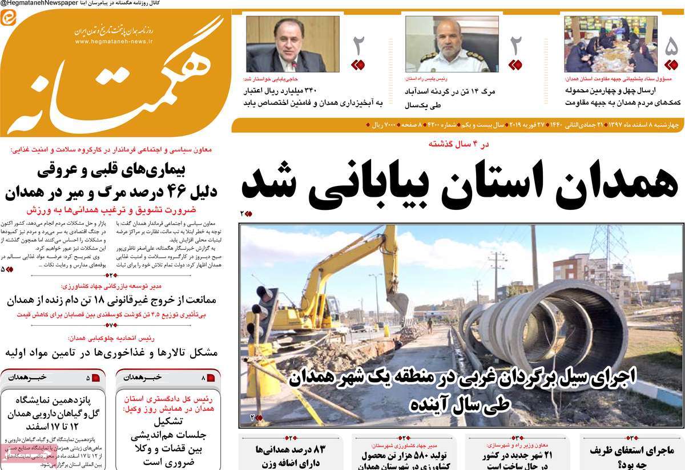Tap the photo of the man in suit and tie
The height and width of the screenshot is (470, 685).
293,44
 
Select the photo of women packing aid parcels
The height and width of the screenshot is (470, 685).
611,44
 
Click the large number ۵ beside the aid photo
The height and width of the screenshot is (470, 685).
671,46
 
